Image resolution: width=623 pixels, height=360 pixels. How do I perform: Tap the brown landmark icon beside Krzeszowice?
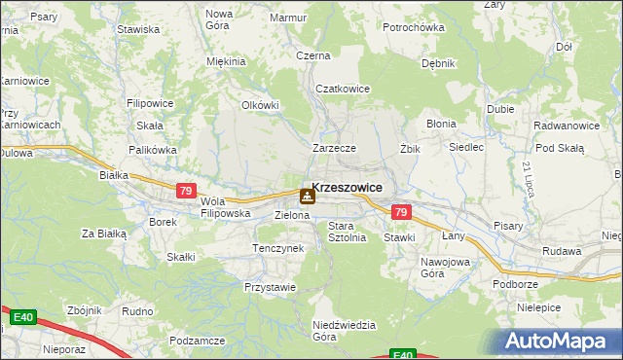[307, 196]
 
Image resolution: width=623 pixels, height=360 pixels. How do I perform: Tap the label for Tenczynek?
[278, 248]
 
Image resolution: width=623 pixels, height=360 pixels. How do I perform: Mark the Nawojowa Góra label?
[446, 268]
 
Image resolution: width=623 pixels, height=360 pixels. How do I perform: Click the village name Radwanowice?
[566, 126]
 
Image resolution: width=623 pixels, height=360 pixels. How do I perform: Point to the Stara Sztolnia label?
[347, 232]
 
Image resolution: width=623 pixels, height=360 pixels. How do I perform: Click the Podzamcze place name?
[198, 341]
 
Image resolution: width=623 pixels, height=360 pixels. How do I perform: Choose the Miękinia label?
[226, 61]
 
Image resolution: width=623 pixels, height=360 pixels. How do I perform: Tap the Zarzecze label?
[334, 148]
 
